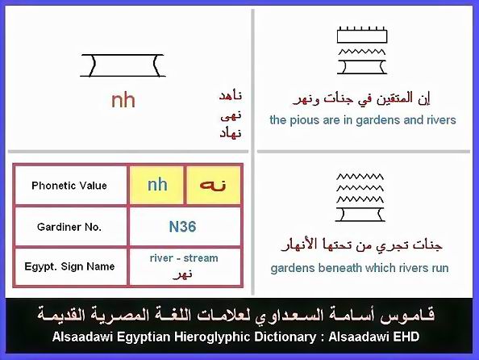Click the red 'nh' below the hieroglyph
point(123,100)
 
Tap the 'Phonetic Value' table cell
point(69,186)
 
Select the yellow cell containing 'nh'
point(157,185)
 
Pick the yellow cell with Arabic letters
point(213,185)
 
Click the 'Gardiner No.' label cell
point(69,227)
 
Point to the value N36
point(183,227)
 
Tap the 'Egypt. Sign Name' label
point(69,266)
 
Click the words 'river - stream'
point(184,257)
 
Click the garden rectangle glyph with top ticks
point(362,35)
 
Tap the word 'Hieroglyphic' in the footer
point(212,337)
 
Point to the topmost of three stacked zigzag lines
point(360,177)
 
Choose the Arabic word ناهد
point(231,96)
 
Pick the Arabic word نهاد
point(231,133)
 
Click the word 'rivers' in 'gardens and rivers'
point(441,120)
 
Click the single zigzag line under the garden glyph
point(362,52)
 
